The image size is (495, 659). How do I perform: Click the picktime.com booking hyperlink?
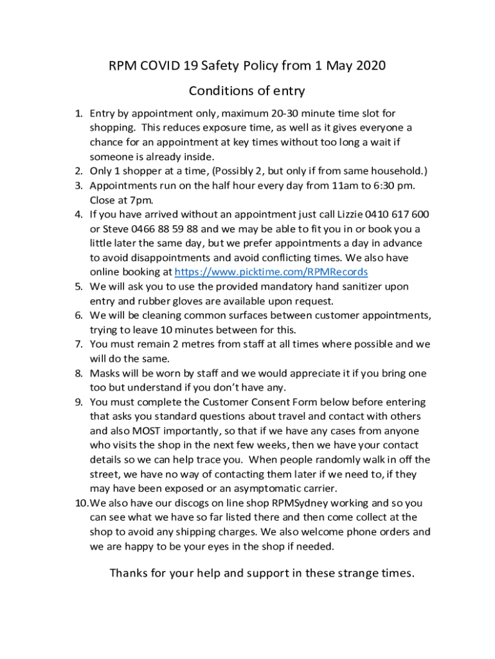271,272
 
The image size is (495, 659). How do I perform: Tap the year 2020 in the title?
369,66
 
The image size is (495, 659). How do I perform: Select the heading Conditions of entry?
247,91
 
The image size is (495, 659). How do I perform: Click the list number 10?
80,503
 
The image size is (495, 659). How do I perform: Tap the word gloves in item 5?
179,301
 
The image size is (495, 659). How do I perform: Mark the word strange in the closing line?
344,573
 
